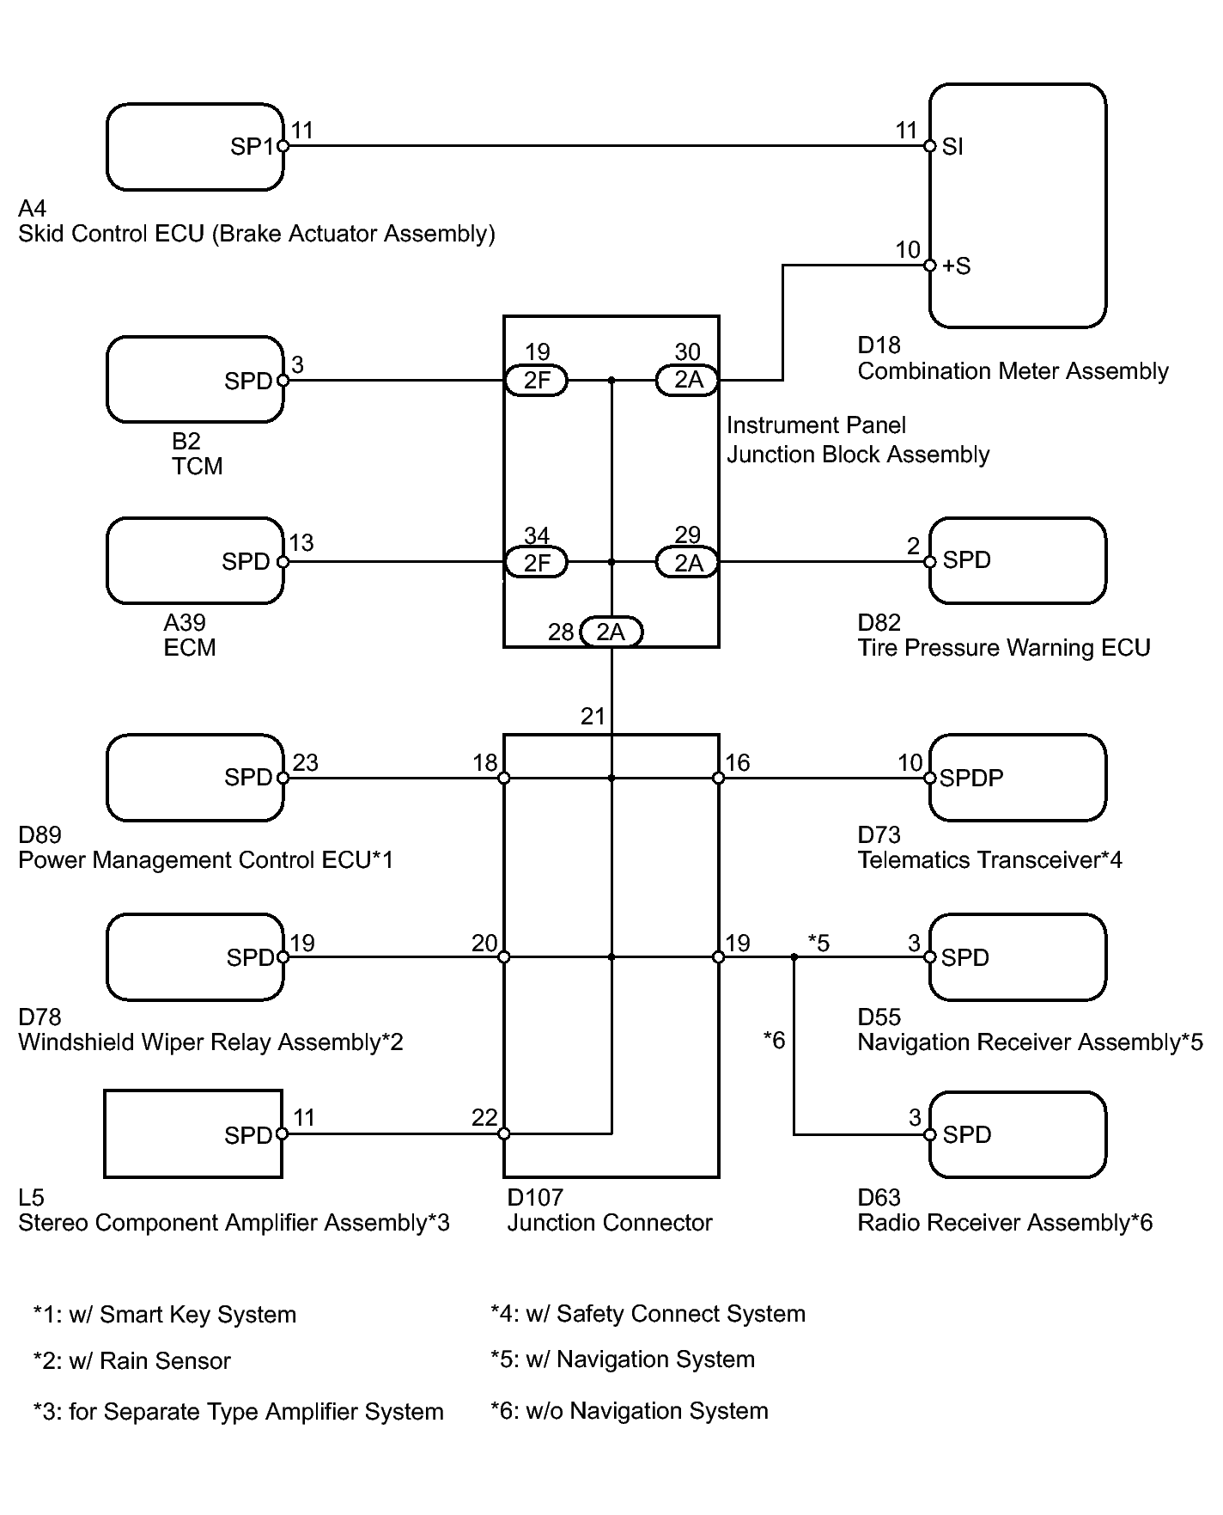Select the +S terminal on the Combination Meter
(x=956, y=266)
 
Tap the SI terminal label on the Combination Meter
(x=952, y=147)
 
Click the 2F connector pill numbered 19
(x=536, y=380)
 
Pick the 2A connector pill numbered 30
(x=687, y=380)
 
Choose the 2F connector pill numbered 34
(x=536, y=563)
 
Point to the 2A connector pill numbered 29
(x=687, y=563)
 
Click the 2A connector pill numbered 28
(x=611, y=632)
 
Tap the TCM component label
(x=198, y=467)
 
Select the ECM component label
(x=190, y=648)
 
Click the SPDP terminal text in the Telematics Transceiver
(x=971, y=778)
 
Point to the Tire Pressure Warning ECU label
(x=1004, y=648)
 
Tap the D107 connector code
(x=534, y=1197)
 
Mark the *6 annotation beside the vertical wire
(x=775, y=1041)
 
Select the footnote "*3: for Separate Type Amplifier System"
(x=239, y=1412)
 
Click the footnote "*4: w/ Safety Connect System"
(x=648, y=1314)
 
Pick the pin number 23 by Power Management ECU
(x=306, y=763)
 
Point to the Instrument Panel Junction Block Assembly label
(x=858, y=440)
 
